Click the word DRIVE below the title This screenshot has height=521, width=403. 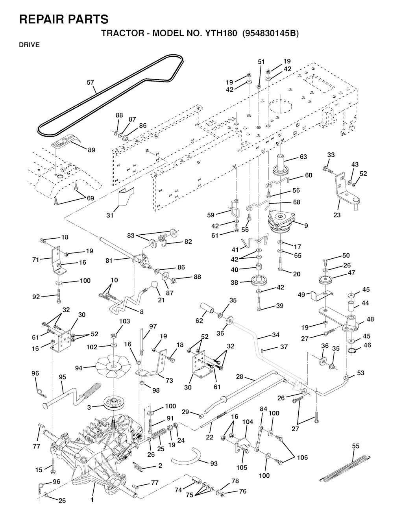click(29, 45)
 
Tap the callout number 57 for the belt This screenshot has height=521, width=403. click(91, 82)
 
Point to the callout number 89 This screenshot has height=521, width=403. click(91, 150)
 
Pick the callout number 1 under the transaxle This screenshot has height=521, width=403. click(92, 500)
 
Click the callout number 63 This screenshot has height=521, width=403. click(303, 157)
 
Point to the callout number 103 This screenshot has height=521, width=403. click(124, 321)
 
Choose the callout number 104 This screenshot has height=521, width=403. click(247, 422)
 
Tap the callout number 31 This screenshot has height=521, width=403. click(110, 215)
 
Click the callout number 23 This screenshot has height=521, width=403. click(337, 215)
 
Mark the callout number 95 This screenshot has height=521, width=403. click(62, 377)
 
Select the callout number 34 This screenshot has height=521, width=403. click(275, 335)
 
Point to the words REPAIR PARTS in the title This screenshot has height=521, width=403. click(64, 19)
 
